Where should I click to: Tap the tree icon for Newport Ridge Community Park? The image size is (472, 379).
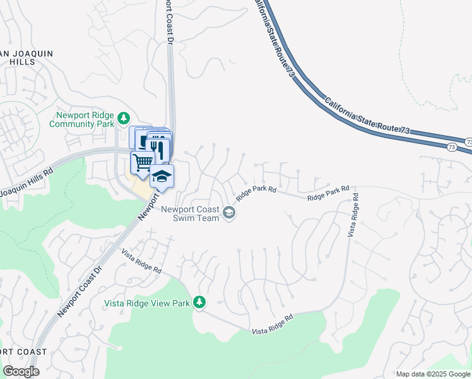click(125, 117)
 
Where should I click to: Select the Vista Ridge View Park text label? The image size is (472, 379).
click(147, 303)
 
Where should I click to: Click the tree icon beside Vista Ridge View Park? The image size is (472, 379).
click(199, 303)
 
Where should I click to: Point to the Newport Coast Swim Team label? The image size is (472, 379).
click(191, 214)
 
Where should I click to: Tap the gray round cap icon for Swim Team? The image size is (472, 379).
click(229, 213)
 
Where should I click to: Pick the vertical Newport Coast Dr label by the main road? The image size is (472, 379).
click(169, 22)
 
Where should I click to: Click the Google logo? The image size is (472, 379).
click(21, 371)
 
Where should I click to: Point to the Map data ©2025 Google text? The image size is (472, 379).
click(433, 374)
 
